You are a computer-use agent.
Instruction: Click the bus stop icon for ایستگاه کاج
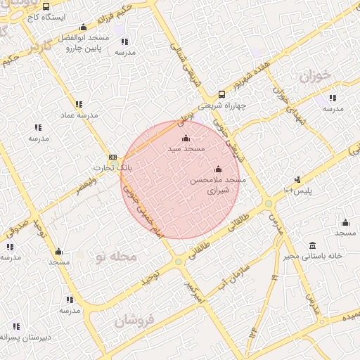(46, 6)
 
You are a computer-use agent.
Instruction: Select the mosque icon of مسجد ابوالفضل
(84, 26)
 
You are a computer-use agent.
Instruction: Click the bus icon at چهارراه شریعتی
(222, 94)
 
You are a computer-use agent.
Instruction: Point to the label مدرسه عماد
(76, 115)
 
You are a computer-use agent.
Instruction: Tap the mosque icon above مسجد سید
(186, 139)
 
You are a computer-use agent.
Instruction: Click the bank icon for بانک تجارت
(112, 157)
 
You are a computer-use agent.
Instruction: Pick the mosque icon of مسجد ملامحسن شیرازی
(218, 169)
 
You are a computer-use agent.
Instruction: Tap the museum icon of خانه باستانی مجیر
(312, 245)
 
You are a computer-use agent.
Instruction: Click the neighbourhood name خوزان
(313, 76)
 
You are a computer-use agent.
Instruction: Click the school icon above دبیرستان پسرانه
(16, 327)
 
